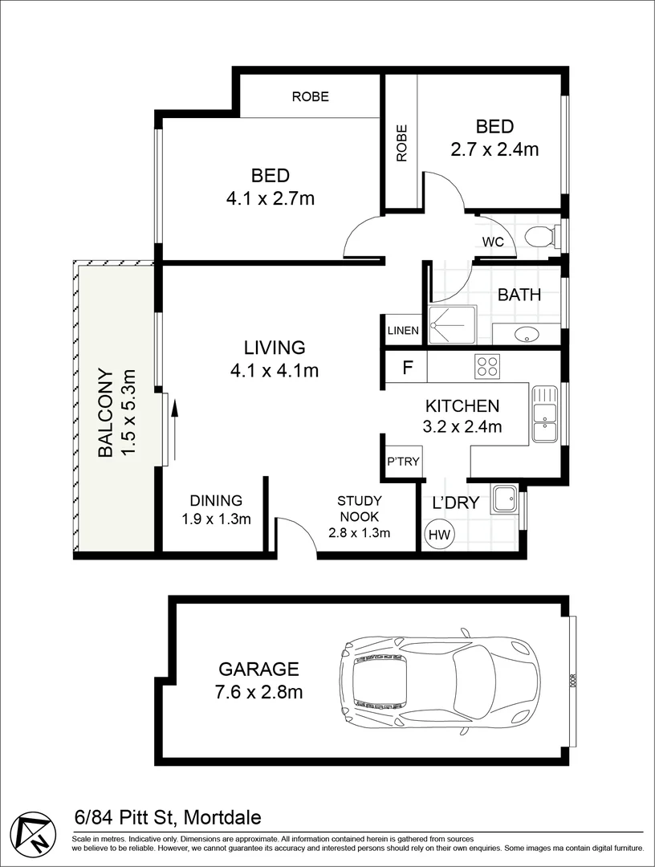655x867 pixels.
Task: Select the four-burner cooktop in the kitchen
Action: click(x=486, y=366)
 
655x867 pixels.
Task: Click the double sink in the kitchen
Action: click(x=544, y=414)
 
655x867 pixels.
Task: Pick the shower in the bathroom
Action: click(x=452, y=324)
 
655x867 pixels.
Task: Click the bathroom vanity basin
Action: click(x=526, y=334)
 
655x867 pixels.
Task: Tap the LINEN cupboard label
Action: click(x=403, y=330)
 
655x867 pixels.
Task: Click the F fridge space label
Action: click(x=407, y=368)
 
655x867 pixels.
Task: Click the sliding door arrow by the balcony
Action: click(x=174, y=420)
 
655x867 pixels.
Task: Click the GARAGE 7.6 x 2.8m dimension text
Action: click(x=259, y=679)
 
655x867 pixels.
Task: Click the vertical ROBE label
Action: click(x=401, y=142)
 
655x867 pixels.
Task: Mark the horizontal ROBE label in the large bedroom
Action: click(x=310, y=96)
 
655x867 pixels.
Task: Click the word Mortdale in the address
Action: click(x=222, y=818)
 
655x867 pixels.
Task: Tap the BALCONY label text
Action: click(x=114, y=412)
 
